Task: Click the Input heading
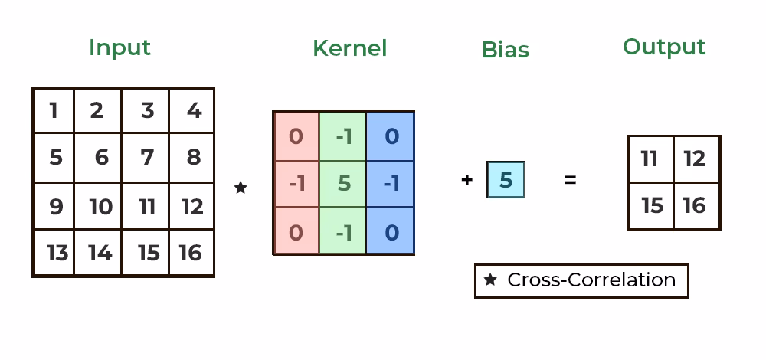click(119, 47)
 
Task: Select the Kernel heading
click(349, 48)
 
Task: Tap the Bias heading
click(505, 50)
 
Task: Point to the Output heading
click(663, 47)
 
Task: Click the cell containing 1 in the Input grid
click(54, 111)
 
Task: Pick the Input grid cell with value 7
click(147, 158)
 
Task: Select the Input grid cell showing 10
click(100, 206)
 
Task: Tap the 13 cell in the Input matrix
click(55, 253)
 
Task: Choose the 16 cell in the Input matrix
click(191, 253)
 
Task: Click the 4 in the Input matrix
click(193, 111)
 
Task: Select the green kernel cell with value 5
click(343, 184)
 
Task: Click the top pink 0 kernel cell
click(296, 136)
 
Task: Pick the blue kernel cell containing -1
click(391, 184)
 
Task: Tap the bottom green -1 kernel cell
click(343, 231)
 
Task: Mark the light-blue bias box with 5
click(506, 180)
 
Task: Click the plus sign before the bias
click(467, 181)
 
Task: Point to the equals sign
click(570, 181)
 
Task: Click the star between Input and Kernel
click(241, 188)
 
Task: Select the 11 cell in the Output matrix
click(650, 159)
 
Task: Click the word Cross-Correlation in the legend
click(591, 280)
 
